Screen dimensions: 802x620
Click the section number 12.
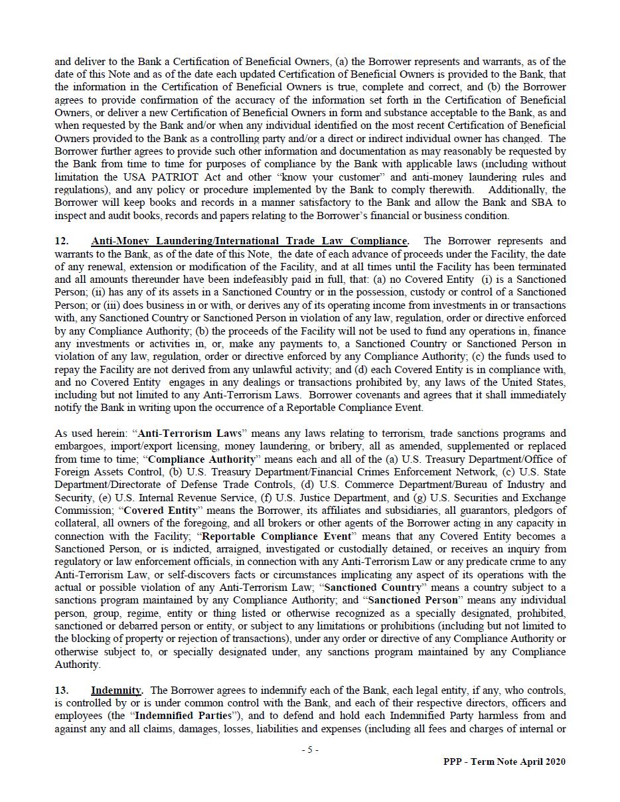(x=60, y=241)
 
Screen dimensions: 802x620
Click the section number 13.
(x=60, y=690)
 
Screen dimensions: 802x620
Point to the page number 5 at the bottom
(x=309, y=750)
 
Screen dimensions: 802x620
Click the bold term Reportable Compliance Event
(x=275, y=536)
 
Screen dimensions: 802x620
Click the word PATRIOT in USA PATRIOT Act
(x=186, y=177)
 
